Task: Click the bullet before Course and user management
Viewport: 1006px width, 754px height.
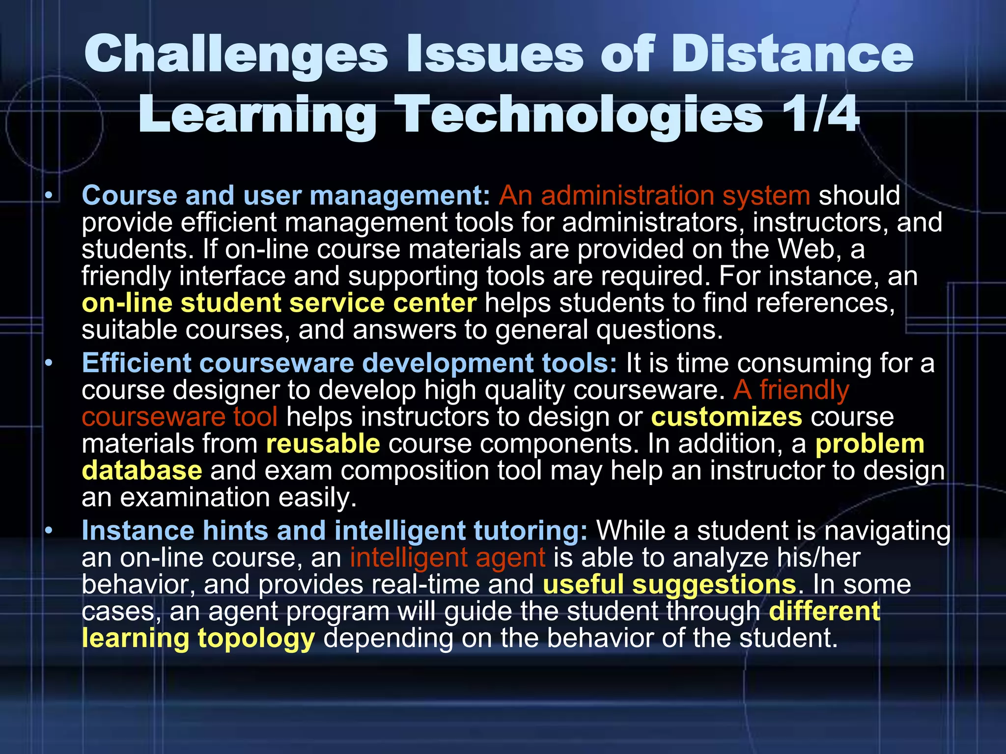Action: (48, 196)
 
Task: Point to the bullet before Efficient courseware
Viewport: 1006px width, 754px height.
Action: (48, 364)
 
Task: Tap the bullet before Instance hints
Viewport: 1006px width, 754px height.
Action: (48, 531)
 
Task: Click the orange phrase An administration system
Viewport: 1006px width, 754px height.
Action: (654, 195)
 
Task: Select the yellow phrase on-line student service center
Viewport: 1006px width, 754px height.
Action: (279, 303)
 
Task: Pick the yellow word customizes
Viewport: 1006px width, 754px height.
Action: (727, 417)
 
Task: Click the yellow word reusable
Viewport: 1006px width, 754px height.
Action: (323, 444)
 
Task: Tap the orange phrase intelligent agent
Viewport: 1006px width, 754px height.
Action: (447, 558)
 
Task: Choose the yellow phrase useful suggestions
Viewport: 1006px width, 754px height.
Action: (669, 585)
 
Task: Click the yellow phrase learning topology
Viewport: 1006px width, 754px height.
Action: (198, 638)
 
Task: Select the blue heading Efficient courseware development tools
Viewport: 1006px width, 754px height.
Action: (349, 363)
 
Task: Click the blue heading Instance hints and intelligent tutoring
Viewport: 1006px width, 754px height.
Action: (334, 531)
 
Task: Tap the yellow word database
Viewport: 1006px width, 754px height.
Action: (142, 470)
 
